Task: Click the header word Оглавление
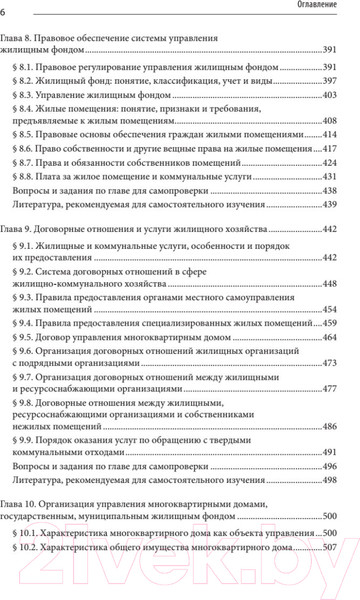point(320,10)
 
